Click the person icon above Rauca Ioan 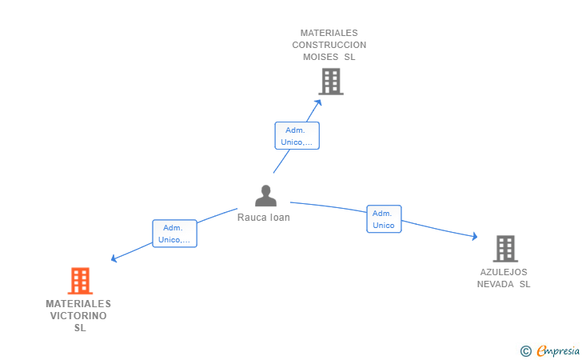(x=265, y=196)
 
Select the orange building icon (x=80, y=281)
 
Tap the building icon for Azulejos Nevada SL (x=504, y=249)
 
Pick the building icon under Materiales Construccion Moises (x=331, y=82)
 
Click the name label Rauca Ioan (x=264, y=218)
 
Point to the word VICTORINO (x=78, y=316)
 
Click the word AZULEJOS (x=504, y=272)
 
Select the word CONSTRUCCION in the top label (x=329, y=46)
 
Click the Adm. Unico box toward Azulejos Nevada (x=384, y=219)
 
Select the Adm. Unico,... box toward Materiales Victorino (x=174, y=234)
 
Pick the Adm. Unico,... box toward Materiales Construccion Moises (x=297, y=136)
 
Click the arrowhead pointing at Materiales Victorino (x=114, y=258)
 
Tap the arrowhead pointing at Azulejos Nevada (x=474, y=236)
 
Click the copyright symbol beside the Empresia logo (x=525, y=350)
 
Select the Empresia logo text (x=558, y=350)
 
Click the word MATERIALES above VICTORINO (x=78, y=304)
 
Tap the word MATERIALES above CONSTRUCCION (x=329, y=34)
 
